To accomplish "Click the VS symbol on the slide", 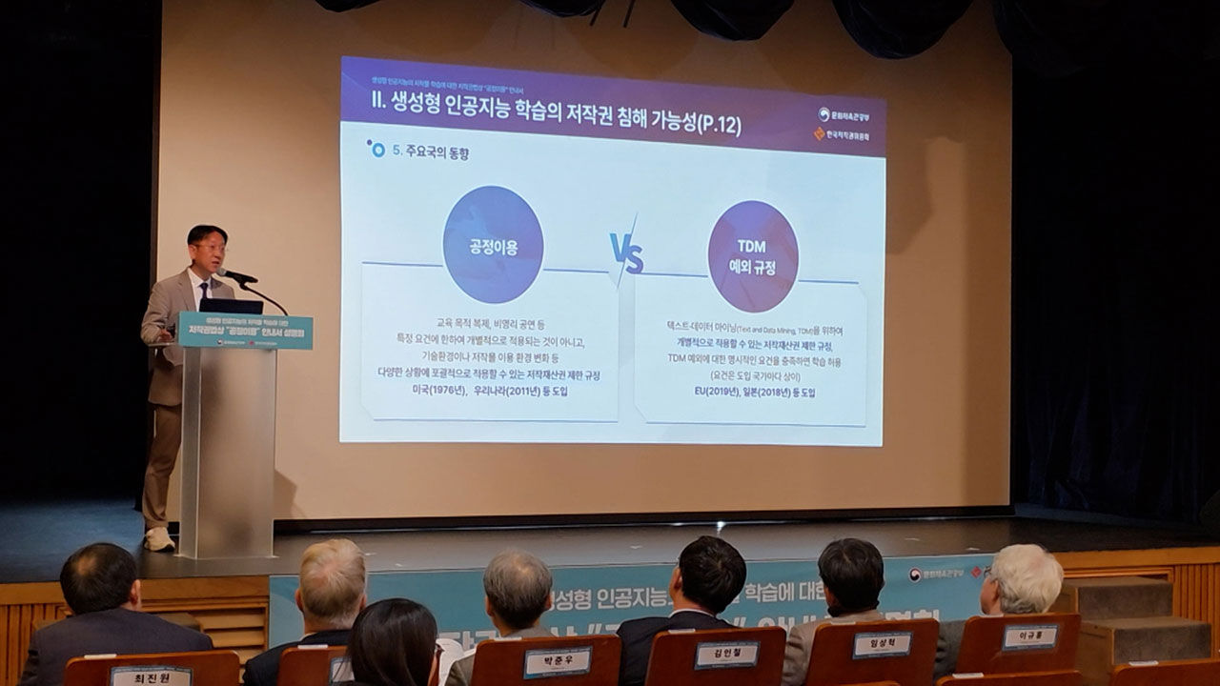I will coord(626,253).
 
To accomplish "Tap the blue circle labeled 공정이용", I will coord(493,245).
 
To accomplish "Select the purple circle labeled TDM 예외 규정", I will coord(752,255).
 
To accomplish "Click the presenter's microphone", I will coord(236,276).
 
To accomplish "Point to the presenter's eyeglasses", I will coord(211,248).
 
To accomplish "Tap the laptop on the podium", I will coord(231,306).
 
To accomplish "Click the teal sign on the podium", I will coord(245,330).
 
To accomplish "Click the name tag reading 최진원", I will coord(151,676).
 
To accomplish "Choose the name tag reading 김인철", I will coord(726,655).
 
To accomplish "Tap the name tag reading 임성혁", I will coord(882,645).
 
